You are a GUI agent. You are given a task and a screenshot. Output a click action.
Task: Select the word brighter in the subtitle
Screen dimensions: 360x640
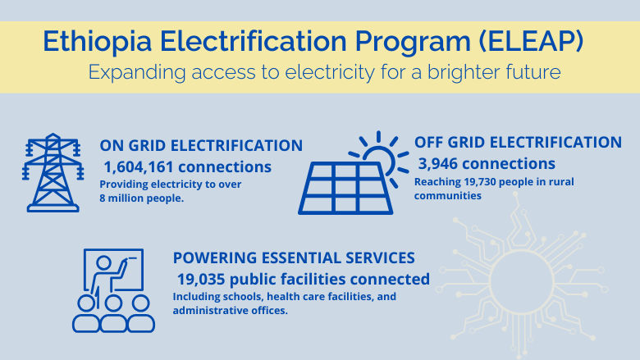point(460,72)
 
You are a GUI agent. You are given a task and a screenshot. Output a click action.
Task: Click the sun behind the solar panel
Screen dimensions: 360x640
point(381,156)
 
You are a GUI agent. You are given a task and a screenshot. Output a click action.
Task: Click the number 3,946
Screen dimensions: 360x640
point(443,163)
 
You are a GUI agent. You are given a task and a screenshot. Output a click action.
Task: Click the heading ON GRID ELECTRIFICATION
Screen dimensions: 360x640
point(201,146)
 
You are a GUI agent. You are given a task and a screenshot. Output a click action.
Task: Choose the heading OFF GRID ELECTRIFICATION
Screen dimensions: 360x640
point(518,142)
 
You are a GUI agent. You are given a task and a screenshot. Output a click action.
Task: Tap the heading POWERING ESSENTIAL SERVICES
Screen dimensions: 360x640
point(294,257)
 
